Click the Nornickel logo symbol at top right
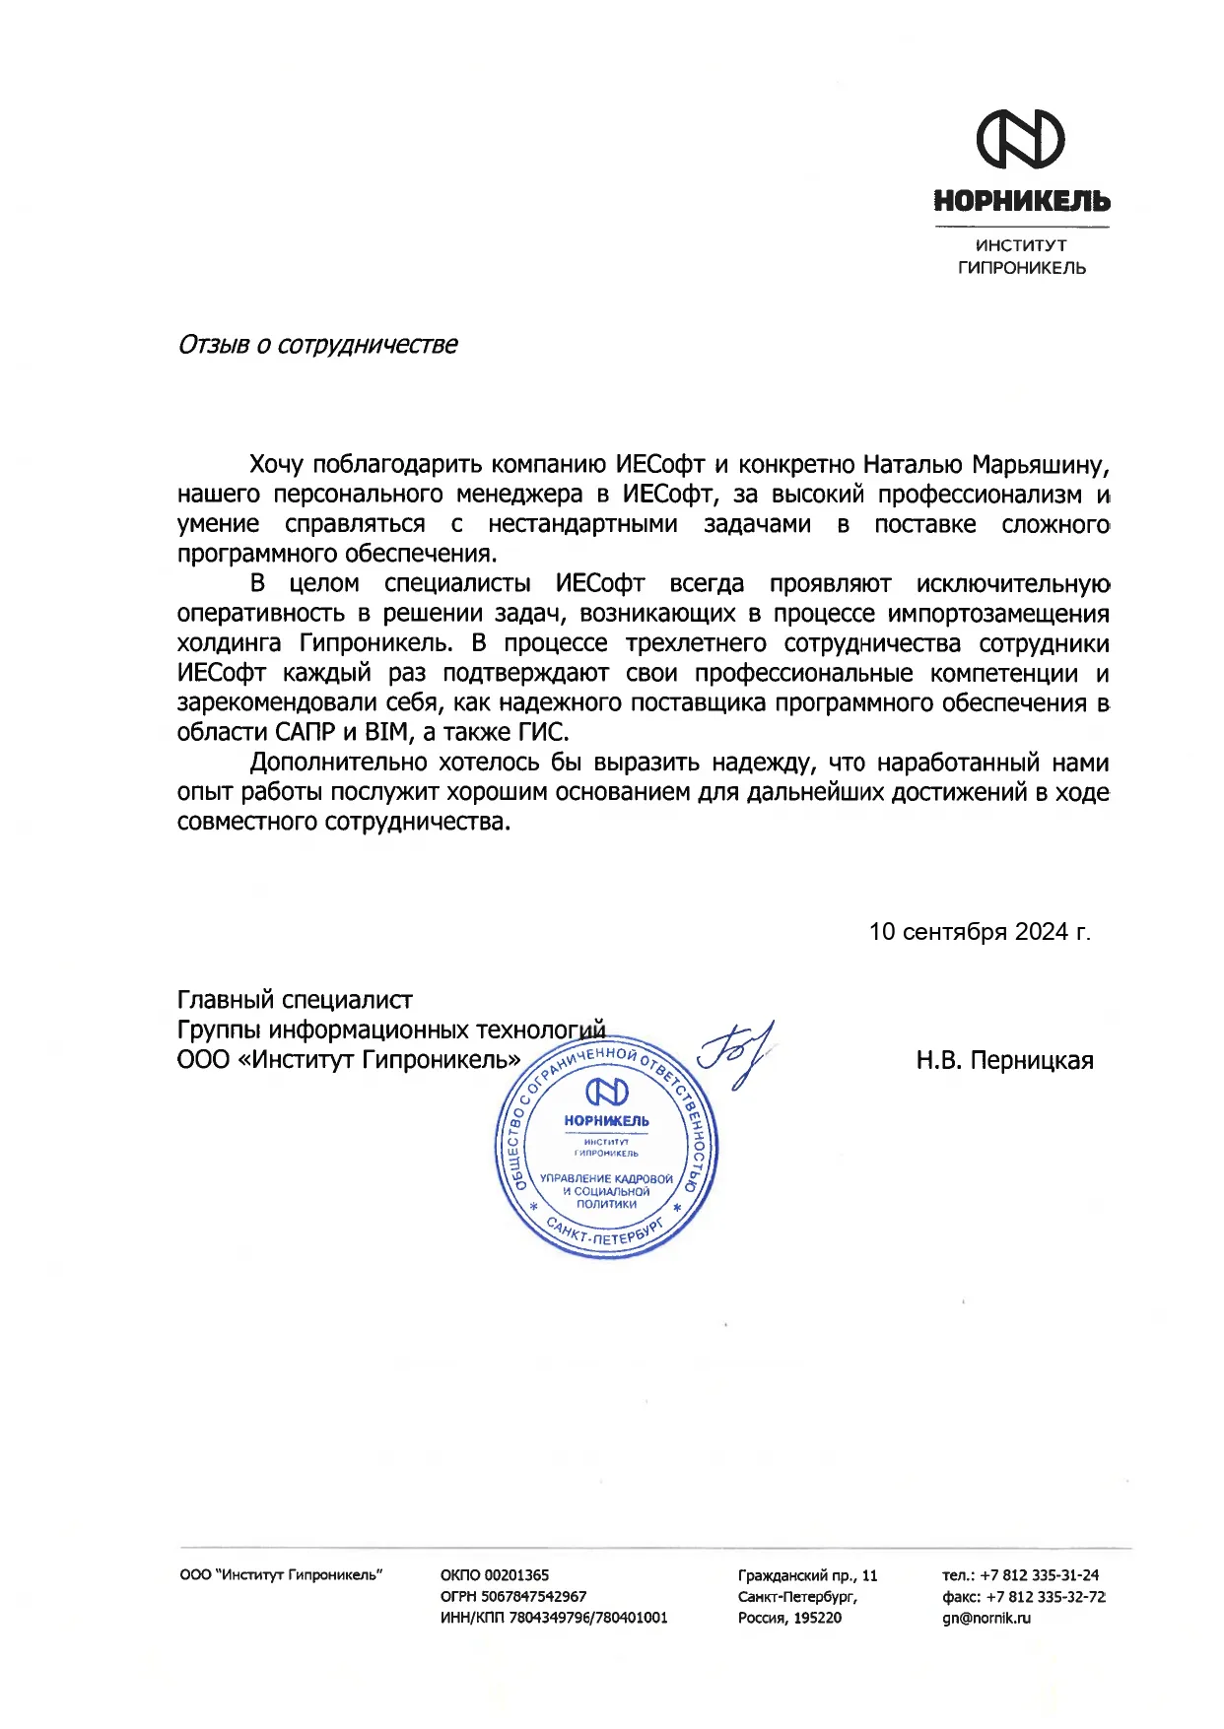click(x=1020, y=139)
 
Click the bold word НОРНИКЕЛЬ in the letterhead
click(x=1021, y=202)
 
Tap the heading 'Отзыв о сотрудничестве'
click(x=317, y=345)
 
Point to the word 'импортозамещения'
click(x=997, y=614)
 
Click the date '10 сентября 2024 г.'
click(x=980, y=932)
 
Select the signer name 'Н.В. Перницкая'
click(x=1004, y=1061)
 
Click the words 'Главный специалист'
click(x=295, y=1001)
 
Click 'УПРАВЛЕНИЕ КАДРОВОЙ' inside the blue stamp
click(x=606, y=1179)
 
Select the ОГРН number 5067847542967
click(x=533, y=1596)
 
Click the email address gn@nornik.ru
click(x=986, y=1618)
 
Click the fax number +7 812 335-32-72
click(x=1045, y=1596)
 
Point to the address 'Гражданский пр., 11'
click(x=807, y=1575)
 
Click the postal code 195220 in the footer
click(x=818, y=1618)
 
